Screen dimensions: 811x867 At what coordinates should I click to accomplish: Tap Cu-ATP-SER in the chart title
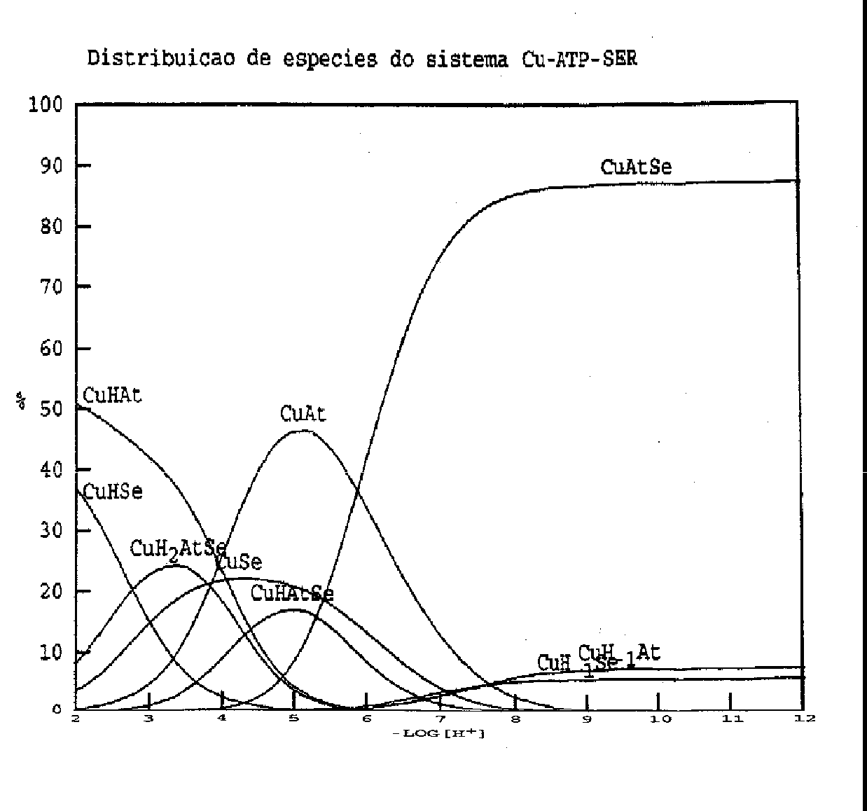tap(579, 58)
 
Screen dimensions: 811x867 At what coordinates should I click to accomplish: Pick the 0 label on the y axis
tap(57, 709)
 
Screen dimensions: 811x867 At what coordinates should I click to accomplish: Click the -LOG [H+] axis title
tap(439, 734)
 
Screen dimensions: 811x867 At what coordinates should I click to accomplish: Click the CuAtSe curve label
tap(636, 167)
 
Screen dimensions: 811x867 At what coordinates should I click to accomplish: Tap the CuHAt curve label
tap(112, 396)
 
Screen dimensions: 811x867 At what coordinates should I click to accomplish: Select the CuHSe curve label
tap(113, 492)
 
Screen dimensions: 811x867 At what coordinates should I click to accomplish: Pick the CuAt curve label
tap(303, 414)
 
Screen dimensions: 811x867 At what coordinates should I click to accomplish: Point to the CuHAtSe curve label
tap(292, 594)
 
